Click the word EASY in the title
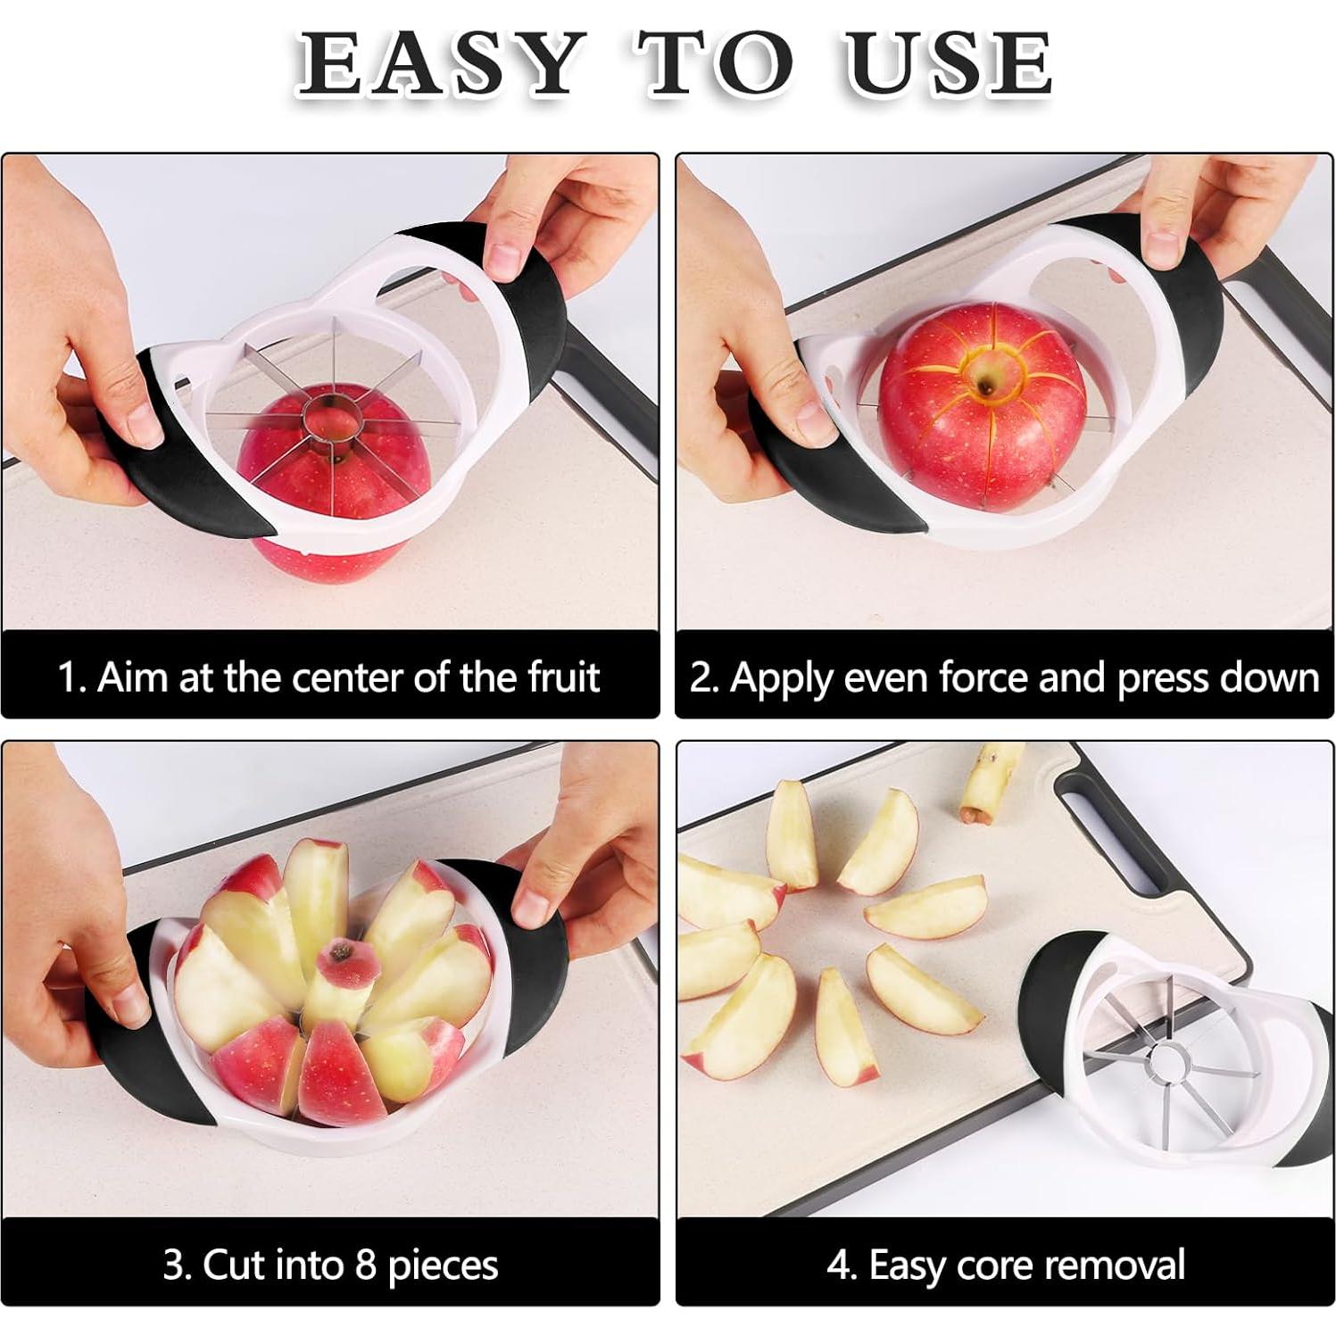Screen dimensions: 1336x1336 pos(437,64)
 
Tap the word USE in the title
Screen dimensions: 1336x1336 pos(949,64)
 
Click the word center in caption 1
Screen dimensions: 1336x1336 pos(349,677)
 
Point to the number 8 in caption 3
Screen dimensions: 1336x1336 pos(365,1265)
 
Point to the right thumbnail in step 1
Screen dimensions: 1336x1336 pos(504,259)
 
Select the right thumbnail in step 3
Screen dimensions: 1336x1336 pos(533,906)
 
